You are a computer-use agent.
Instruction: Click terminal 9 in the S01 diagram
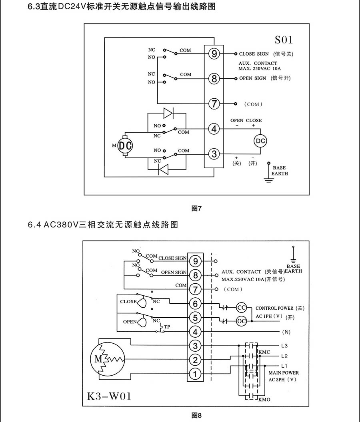[214, 54]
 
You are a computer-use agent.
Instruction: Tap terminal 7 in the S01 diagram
[214, 104]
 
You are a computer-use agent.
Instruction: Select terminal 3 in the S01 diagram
[214, 154]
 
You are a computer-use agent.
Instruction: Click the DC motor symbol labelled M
[125, 145]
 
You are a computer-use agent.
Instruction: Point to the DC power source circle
[260, 141]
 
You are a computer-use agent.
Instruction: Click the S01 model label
[284, 40]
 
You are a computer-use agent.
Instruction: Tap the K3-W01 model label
[109, 396]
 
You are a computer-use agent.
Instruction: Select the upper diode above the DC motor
[168, 113]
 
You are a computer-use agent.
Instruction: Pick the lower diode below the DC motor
[164, 169]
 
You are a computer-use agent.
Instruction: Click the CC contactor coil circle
[241, 308]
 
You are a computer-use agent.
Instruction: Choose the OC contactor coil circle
[241, 321]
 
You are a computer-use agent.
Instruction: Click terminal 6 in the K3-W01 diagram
[195, 304]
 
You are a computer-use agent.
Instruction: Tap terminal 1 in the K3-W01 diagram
[195, 374]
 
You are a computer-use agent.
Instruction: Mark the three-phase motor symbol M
[107, 358]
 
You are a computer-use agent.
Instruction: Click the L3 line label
[284, 346]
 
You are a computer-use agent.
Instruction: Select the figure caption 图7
[197, 209]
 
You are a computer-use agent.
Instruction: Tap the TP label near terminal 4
[167, 327]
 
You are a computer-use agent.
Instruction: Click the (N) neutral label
[286, 332]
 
